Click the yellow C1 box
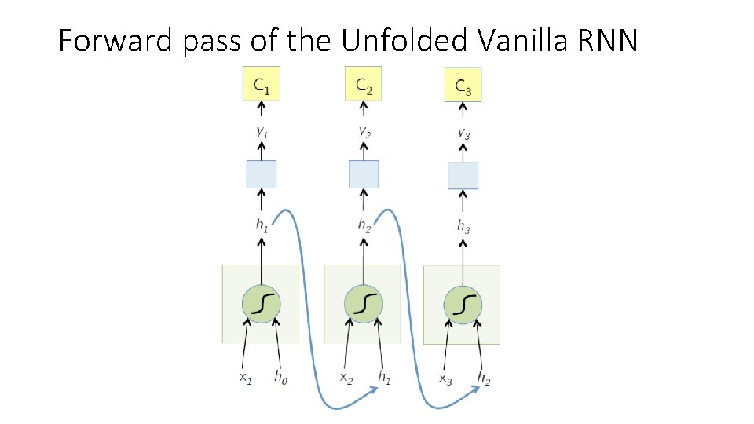261,84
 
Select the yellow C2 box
363,84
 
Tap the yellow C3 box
463,85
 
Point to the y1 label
261,132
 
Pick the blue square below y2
364,174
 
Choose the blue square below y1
262,174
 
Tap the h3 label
463,225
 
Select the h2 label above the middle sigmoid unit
364,225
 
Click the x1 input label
246,377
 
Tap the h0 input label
280,377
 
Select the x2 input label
346,378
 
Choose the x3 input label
445,379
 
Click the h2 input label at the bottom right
483,378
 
